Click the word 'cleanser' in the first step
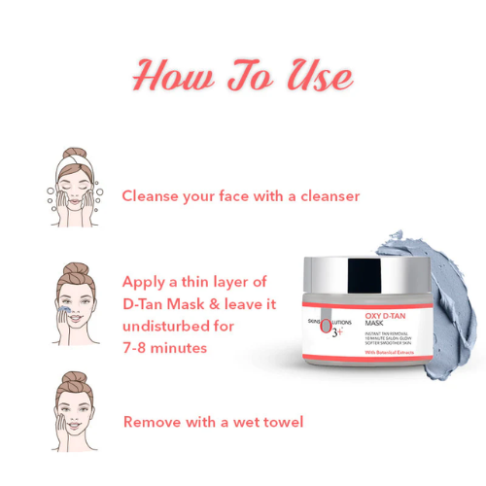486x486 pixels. pyautogui.click(x=325, y=196)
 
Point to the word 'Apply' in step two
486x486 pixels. pyautogui.click(x=146, y=282)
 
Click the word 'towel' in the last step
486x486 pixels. pyautogui.click(x=281, y=422)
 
